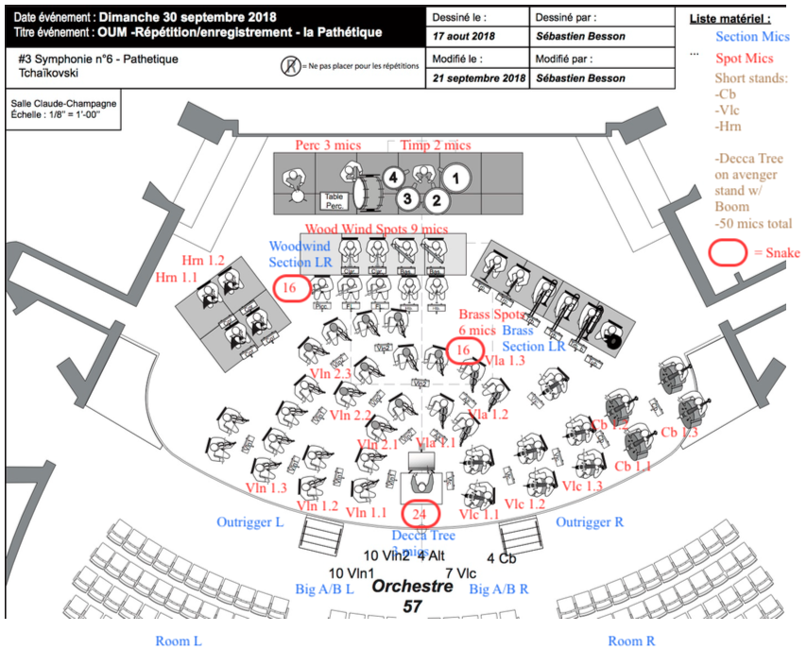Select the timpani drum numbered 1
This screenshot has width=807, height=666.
[456, 177]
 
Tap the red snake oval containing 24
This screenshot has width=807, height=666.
[421, 514]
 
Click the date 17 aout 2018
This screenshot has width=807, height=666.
[464, 36]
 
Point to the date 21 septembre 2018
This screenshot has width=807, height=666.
[477, 78]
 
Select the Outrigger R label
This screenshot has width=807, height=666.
[589, 522]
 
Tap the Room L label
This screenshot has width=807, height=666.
[179, 641]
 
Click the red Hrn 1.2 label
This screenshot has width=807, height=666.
[204, 259]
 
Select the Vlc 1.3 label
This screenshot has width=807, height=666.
[581, 486]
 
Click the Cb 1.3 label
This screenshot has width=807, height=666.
[679, 432]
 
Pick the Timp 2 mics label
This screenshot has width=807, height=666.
[436, 145]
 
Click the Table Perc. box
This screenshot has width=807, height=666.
[334, 200]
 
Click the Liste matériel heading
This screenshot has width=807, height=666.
[730, 18]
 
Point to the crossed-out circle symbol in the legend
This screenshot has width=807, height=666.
[290, 67]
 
